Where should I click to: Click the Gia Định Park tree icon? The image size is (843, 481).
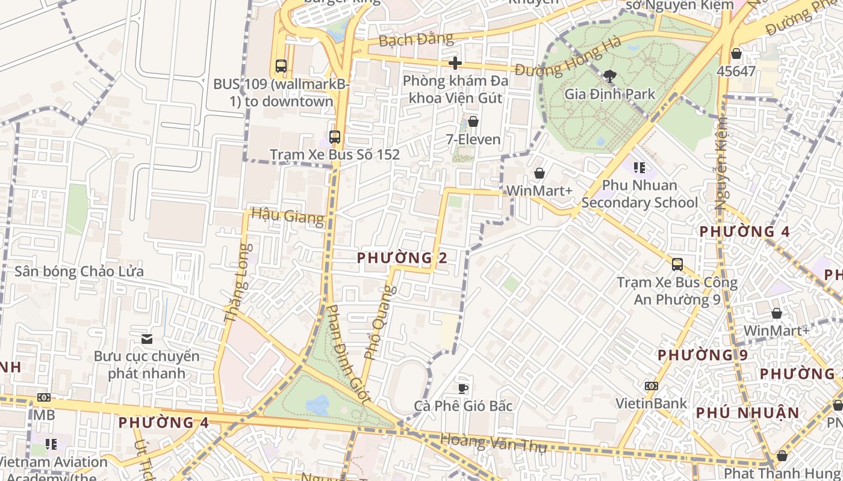click(x=609, y=76)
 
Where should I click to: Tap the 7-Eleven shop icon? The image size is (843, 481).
click(x=473, y=122)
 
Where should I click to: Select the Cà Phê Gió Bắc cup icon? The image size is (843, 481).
click(x=463, y=388)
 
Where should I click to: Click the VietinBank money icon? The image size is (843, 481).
click(x=651, y=385)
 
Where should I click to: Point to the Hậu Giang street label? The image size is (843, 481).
click(x=287, y=216)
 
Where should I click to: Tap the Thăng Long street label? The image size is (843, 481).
click(x=236, y=283)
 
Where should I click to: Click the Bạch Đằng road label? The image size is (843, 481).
click(x=415, y=40)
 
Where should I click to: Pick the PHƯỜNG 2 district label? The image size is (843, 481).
click(x=402, y=258)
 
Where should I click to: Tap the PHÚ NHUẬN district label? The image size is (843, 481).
click(x=747, y=413)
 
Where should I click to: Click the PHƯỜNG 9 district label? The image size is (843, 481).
click(x=702, y=355)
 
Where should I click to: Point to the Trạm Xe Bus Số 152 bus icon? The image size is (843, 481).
click(x=335, y=137)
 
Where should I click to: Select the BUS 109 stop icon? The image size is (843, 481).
click(x=281, y=66)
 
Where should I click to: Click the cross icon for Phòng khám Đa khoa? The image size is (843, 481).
click(x=455, y=63)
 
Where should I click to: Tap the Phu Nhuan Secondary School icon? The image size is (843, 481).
click(x=639, y=167)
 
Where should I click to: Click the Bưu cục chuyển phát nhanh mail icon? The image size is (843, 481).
click(x=146, y=339)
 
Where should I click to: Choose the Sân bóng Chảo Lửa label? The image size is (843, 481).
click(x=79, y=271)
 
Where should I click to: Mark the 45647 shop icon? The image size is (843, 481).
click(x=736, y=54)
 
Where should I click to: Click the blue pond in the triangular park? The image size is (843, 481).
click(x=317, y=405)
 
